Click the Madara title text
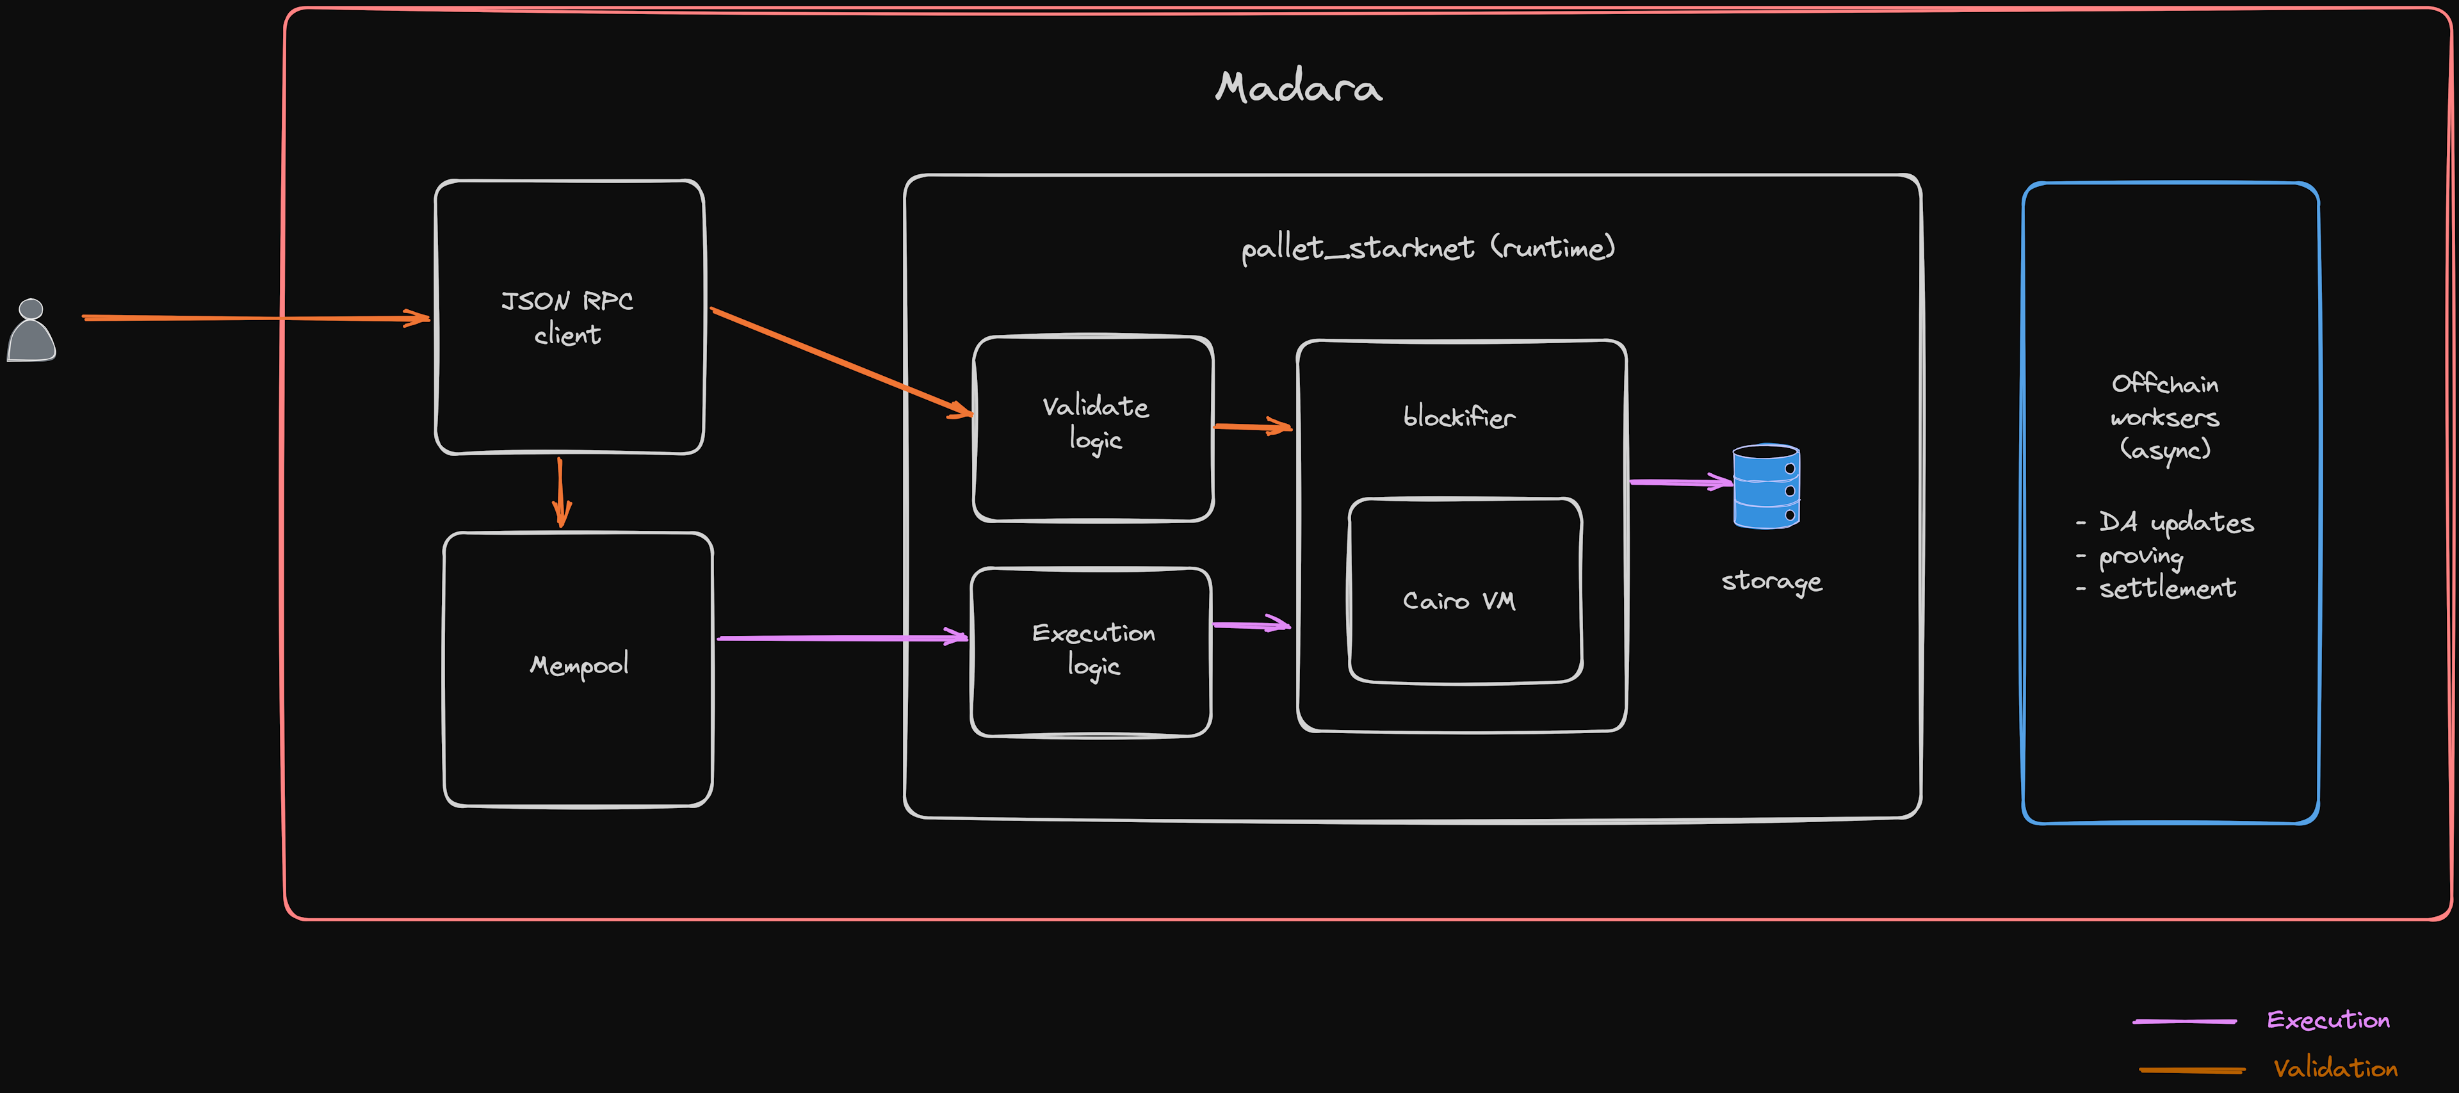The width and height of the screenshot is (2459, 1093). [x=1298, y=88]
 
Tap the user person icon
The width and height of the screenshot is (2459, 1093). [x=31, y=330]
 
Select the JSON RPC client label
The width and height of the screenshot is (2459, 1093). [x=568, y=318]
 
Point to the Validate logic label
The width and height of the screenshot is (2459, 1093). [x=1095, y=422]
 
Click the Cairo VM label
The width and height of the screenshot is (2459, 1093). [x=1459, y=601]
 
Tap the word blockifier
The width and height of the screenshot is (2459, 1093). [x=1459, y=417]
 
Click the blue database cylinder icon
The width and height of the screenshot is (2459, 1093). [x=1766, y=486]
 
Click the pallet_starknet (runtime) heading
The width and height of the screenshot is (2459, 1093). [x=1428, y=248]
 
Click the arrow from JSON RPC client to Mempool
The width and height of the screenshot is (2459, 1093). [x=560, y=492]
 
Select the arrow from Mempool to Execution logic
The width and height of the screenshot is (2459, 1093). [x=840, y=636]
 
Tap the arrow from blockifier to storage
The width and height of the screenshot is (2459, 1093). [x=1680, y=482]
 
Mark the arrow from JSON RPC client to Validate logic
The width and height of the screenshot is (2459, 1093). [x=840, y=363]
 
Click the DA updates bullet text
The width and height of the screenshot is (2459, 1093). [x=2175, y=522]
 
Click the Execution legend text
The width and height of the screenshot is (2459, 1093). [x=2327, y=1019]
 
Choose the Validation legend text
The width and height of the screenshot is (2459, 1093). [x=2334, y=1068]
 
